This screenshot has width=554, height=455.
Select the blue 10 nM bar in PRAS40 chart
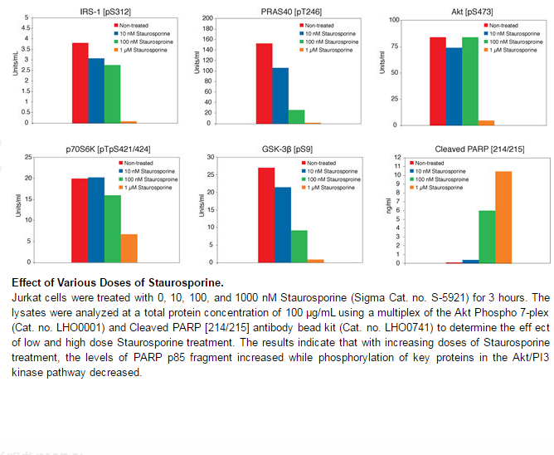280,95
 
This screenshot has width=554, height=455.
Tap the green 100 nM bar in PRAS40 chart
296,116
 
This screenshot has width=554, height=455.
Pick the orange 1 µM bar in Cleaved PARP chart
503,217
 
